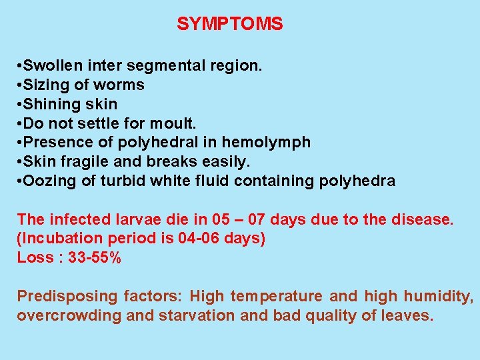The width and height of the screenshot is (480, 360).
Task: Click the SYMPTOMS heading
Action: (x=229, y=25)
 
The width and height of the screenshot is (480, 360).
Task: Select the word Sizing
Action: (x=45, y=85)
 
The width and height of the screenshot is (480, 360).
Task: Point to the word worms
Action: (x=121, y=85)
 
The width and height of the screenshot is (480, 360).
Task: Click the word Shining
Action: (x=49, y=105)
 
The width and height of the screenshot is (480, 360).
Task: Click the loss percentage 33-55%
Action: (x=95, y=258)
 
